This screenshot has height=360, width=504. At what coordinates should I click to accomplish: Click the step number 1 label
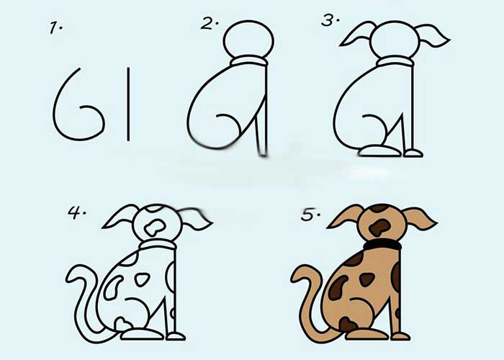[x=56, y=27]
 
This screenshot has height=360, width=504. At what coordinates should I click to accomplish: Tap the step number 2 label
[x=210, y=24]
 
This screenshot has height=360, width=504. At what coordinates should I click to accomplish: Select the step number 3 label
[x=330, y=21]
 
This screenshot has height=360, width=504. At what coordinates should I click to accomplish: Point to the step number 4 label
[x=77, y=212]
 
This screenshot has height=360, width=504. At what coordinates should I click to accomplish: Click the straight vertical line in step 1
[x=128, y=104]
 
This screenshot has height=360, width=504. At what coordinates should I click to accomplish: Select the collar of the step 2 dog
[x=249, y=61]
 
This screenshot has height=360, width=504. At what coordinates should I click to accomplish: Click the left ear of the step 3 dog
[x=357, y=33]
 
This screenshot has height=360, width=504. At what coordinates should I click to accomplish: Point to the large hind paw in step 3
[x=379, y=151]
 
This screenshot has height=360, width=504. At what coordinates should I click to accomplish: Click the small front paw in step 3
[x=413, y=153]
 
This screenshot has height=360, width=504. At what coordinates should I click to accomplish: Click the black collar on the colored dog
[x=382, y=246]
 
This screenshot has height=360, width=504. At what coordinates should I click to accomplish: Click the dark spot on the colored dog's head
[x=379, y=228]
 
